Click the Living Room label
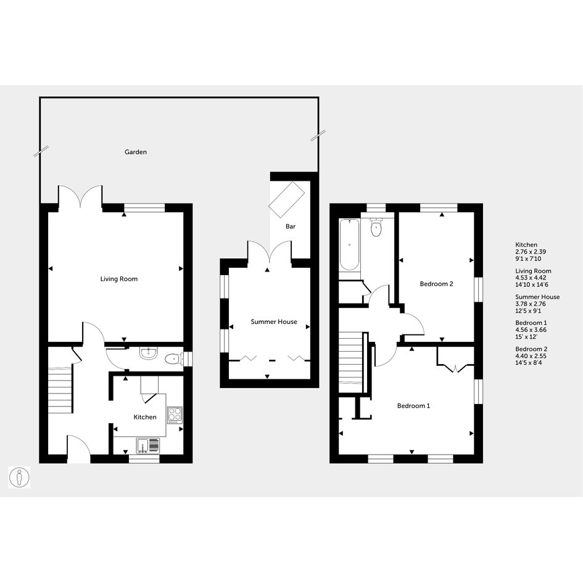119,279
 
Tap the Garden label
136,152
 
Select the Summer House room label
274,321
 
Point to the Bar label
291,226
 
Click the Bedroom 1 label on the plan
413,406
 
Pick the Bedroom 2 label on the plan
437,284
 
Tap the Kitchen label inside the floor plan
145,417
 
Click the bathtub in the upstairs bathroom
349,245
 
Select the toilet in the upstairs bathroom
377,227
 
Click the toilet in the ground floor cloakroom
173,359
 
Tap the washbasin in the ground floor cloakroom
149,353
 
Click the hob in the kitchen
175,415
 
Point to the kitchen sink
147,446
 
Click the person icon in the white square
19,478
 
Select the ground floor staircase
60,390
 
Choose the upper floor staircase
351,362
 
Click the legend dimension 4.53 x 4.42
531,278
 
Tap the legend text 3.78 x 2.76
531,304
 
